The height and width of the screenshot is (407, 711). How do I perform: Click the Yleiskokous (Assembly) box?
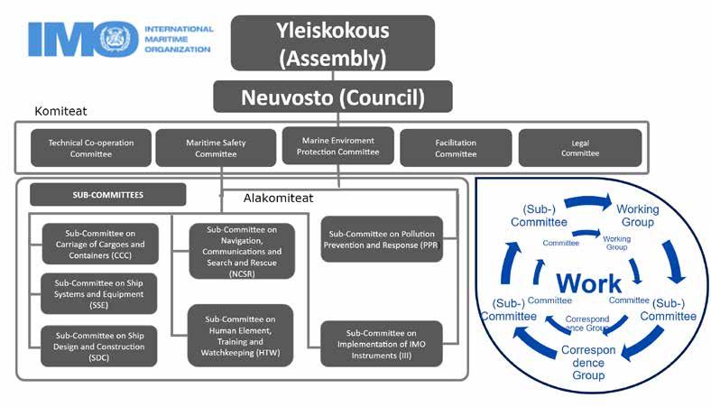coord(332,42)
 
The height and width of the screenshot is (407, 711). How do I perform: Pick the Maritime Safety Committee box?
coord(215,148)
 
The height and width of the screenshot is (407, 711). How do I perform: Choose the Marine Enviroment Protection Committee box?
coord(337,145)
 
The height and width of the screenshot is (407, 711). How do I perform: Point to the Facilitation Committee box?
coord(455,148)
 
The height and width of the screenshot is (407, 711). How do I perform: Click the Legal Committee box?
coord(579,148)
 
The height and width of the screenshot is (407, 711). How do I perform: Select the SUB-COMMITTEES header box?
coord(107,194)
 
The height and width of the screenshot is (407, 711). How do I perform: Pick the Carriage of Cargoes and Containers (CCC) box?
coord(98,244)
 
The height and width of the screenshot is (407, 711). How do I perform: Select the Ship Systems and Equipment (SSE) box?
coord(98,294)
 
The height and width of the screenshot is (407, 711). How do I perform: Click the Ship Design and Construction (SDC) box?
coord(98,346)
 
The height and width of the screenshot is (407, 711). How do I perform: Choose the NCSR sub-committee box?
coord(242,250)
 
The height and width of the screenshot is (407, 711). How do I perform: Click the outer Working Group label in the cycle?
coord(637,216)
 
